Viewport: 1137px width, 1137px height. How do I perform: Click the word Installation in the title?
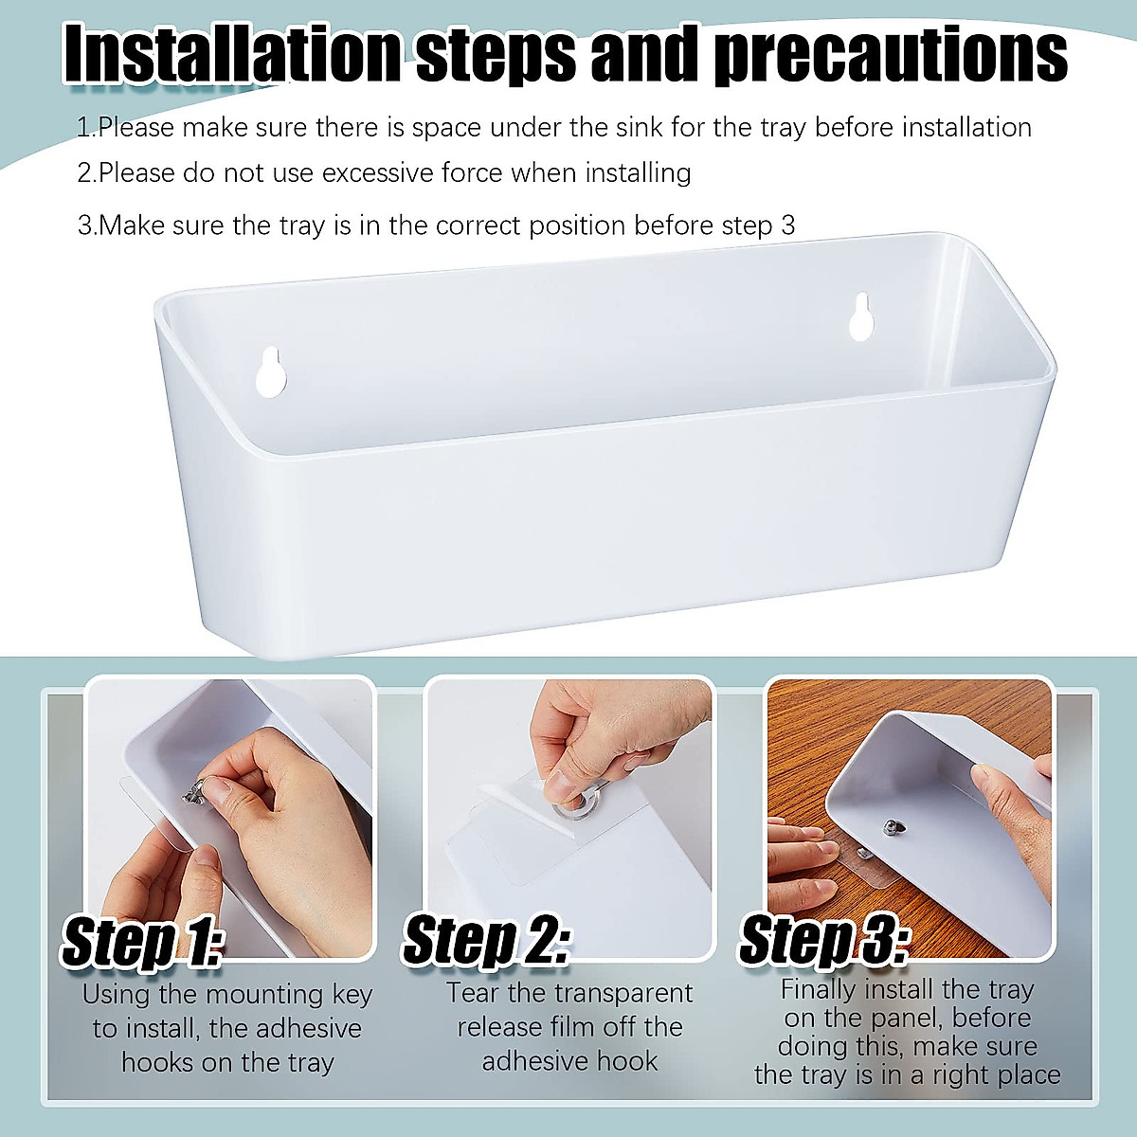tap(232, 54)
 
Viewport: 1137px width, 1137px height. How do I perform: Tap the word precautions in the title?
tap(891, 54)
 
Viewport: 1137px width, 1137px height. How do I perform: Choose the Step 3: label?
tap(823, 941)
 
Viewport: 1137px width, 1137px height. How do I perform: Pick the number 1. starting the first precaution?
tap(85, 127)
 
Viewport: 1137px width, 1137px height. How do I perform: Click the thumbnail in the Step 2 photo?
tap(560, 785)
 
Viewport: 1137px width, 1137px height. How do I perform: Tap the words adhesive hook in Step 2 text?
tap(569, 1061)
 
